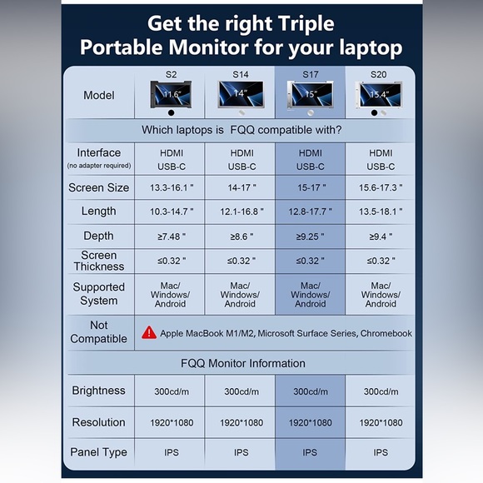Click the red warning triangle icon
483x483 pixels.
click(149, 333)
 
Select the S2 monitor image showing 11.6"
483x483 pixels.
click(171, 95)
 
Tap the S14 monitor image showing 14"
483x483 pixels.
click(241, 94)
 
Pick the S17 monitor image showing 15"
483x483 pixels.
click(310, 95)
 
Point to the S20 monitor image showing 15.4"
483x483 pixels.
click(379, 95)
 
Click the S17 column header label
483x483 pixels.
click(310, 74)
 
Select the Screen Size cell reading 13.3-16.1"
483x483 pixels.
click(172, 187)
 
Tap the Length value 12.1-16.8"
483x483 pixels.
click(242, 212)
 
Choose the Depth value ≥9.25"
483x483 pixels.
click(310, 237)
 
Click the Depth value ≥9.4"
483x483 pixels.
click(381, 237)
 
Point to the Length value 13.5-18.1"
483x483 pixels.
click(381, 212)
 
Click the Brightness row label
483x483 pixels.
click(98, 391)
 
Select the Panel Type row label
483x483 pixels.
click(98, 452)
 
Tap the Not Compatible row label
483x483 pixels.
click(98, 332)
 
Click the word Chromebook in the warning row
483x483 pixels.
click(386, 333)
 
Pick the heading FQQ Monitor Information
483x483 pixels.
click(242, 363)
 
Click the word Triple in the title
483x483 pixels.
click(306, 23)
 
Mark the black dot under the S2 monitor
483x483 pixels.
click(172, 113)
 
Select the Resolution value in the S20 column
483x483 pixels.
click(381, 423)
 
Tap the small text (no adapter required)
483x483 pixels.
click(99, 166)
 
